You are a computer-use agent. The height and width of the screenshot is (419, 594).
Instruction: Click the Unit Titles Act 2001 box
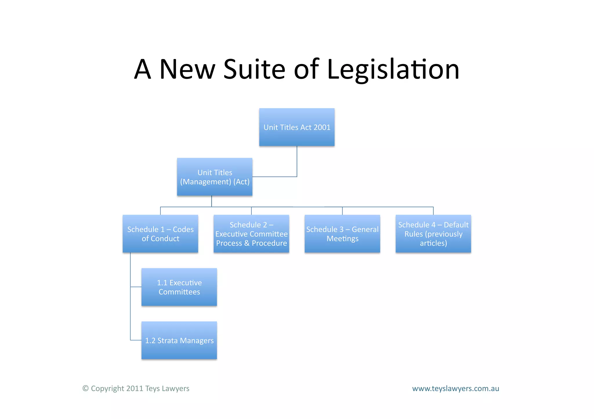click(297, 127)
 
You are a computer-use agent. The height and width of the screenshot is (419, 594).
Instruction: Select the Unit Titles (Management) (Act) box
click(215, 177)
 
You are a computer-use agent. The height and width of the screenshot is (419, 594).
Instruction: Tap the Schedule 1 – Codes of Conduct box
click(160, 234)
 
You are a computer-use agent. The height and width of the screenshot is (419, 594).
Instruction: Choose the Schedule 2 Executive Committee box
click(251, 234)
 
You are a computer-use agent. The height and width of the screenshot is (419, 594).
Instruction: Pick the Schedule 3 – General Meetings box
click(342, 234)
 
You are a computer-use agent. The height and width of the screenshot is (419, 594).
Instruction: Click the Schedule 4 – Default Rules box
click(433, 234)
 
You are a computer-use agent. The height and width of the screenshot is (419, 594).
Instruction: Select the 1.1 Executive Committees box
click(179, 287)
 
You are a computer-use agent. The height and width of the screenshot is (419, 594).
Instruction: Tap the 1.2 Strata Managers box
click(179, 340)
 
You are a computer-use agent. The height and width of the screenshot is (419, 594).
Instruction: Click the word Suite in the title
click(254, 69)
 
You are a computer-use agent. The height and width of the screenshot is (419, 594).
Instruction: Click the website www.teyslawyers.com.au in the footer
click(455, 389)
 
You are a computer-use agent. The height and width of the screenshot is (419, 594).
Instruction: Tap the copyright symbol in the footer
click(86, 388)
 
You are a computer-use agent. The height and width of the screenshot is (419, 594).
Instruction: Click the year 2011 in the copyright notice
click(134, 389)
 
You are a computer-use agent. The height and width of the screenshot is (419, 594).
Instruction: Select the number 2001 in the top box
click(322, 127)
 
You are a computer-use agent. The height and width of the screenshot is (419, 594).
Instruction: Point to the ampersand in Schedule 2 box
click(247, 243)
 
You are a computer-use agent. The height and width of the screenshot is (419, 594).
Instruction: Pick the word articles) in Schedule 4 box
click(433, 243)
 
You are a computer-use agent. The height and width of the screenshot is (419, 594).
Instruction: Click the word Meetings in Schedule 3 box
click(343, 239)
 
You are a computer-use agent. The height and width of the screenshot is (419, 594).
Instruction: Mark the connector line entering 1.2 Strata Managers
click(136, 340)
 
